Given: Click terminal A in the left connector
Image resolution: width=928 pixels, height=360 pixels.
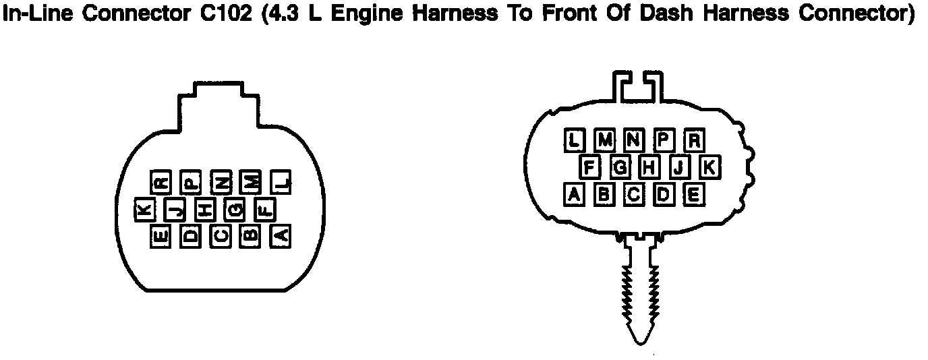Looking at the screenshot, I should (280, 236).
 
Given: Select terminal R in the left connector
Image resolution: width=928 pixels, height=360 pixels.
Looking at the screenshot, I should (161, 181).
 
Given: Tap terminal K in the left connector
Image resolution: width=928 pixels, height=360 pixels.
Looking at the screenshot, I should (145, 210).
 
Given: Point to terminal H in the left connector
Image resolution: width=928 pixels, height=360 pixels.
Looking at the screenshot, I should (205, 210).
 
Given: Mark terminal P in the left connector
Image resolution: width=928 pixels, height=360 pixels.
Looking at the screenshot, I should (191, 181).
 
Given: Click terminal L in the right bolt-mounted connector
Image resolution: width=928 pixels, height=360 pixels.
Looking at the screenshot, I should (574, 140).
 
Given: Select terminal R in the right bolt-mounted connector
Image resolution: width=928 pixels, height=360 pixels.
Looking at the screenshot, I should (694, 140).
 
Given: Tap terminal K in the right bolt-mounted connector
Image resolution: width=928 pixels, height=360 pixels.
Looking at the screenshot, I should (709, 167).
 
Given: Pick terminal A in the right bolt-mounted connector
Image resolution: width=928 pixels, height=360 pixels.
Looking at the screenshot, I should (574, 194).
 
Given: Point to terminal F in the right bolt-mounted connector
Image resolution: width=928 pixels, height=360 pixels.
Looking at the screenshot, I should (589, 167).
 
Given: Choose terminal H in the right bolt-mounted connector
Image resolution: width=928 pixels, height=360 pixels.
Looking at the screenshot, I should (649, 167).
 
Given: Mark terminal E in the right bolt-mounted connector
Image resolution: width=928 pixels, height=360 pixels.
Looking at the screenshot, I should (694, 194).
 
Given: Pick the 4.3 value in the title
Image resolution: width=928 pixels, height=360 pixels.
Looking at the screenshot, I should (277, 14).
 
